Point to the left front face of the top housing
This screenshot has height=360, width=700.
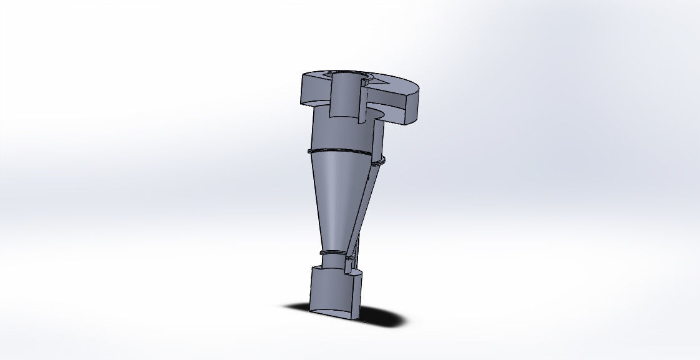click(x=312, y=90)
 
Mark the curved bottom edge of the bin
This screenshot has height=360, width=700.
click(x=334, y=311)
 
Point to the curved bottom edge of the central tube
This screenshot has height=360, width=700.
click(x=343, y=117)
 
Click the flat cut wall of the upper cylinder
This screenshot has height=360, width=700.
click(x=377, y=134)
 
